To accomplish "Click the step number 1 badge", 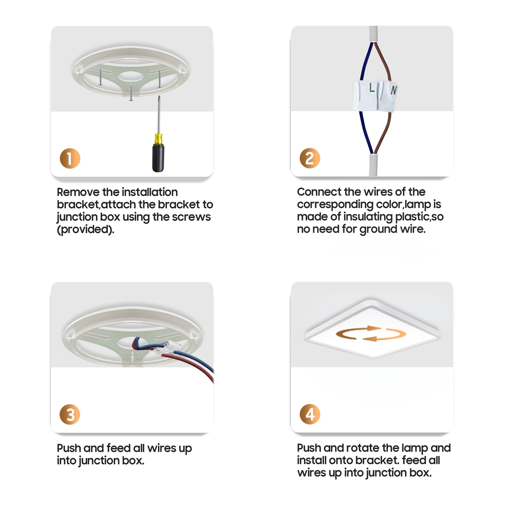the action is tap(70, 158).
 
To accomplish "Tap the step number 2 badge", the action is tap(310, 158).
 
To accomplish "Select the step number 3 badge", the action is tap(70, 414).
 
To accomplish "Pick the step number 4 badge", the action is tap(310, 414).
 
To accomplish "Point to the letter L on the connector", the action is tap(372, 88).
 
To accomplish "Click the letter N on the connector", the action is tap(394, 90).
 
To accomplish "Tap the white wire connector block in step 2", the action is tap(375, 95).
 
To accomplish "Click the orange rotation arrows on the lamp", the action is tap(371, 334).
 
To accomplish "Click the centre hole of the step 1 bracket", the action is tap(131, 77).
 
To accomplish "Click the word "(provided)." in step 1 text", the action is tap(86, 230).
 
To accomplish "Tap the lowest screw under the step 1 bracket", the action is tap(131, 92).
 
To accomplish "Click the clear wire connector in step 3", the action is tap(165, 348).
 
